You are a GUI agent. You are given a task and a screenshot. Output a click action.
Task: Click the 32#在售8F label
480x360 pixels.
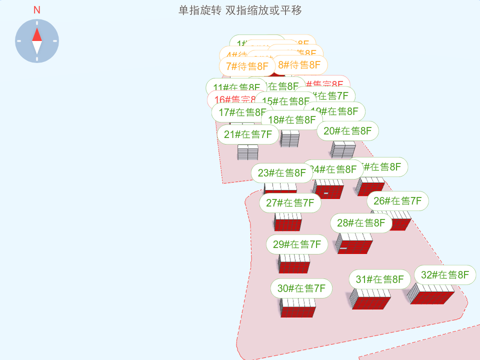tap(445, 275)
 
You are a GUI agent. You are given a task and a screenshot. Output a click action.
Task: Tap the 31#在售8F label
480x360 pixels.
tap(379, 279)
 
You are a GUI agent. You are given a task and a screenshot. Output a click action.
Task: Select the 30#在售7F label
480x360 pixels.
tap(301, 288)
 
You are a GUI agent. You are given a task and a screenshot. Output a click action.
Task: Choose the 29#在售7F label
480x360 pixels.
tap(297, 244)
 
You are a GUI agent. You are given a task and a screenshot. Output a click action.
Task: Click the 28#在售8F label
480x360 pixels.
tap(361, 223)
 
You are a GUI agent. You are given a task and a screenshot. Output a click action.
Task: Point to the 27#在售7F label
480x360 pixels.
tap(290, 203)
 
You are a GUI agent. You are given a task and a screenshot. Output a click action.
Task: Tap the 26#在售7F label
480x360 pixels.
tap(397, 201)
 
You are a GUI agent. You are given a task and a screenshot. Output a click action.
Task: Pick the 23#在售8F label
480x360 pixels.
tap(282, 173)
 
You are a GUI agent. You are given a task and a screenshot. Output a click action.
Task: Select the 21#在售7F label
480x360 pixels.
tap(247, 134)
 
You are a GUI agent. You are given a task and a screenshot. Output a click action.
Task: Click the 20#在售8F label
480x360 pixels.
tap(347, 131)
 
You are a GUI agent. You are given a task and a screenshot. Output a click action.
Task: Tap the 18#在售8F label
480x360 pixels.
tap(292, 120)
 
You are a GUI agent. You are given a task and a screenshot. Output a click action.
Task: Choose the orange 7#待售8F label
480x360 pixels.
tap(247, 66)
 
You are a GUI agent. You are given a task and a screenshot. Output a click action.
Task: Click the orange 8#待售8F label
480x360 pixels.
tap(299, 65)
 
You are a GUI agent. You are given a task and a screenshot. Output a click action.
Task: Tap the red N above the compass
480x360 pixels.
tap(37, 10)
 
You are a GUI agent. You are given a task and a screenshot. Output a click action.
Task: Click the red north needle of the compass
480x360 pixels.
tap(37, 34)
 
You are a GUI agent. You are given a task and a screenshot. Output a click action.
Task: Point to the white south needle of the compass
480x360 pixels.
tap(37, 47)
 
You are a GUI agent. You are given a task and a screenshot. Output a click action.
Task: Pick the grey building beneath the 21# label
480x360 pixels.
tap(247, 152)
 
